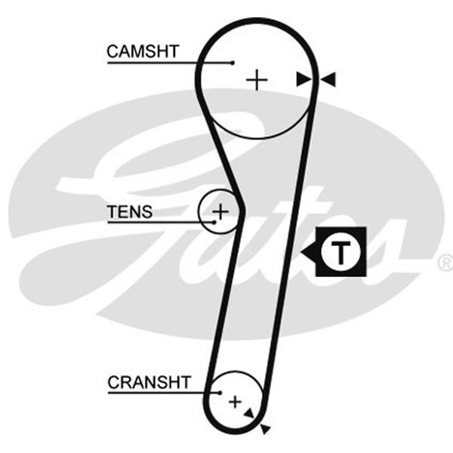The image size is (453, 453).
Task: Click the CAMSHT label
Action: pos(143,51)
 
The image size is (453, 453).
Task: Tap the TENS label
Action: pos(130,211)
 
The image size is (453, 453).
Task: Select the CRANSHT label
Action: pos(149,382)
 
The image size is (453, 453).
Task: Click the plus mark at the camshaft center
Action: pos(257,80)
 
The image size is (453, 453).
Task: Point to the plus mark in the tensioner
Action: pos(220,211)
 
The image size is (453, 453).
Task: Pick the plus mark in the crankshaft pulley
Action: pos(235,402)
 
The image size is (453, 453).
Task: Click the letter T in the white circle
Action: pos(341,252)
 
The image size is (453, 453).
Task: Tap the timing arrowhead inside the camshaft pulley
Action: pos(304,79)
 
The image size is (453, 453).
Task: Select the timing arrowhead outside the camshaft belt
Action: pos(328,79)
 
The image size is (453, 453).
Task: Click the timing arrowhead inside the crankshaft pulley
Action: pos(249,414)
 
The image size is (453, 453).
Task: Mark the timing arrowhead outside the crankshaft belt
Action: pos(265,429)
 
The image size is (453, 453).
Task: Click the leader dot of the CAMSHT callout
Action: pos(233,63)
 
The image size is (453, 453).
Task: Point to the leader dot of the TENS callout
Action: pos(214,222)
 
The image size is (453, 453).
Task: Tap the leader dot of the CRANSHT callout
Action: pos(220,393)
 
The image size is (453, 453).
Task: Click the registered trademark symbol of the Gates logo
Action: pos(445,263)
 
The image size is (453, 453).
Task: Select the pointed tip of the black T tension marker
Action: pos(301,252)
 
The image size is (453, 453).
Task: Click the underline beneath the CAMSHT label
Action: pos(170,63)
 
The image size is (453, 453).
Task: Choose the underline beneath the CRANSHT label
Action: pos(164,393)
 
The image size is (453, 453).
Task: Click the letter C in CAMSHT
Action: pos(113,51)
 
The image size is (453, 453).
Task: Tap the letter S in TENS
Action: pos(146,211)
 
